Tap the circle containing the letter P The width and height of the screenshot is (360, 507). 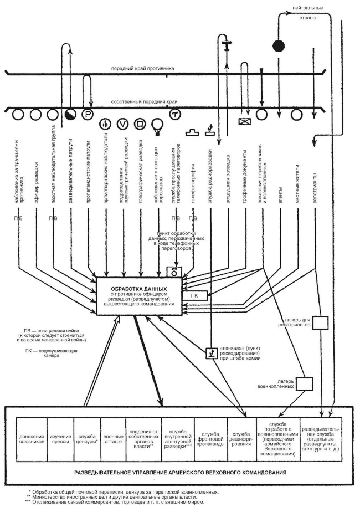tap(87, 115)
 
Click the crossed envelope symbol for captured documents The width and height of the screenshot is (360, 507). tap(244, 121)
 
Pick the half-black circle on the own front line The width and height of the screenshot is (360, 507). tap(70, 115)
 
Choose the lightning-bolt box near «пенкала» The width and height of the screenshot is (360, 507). tap(210, 352)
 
